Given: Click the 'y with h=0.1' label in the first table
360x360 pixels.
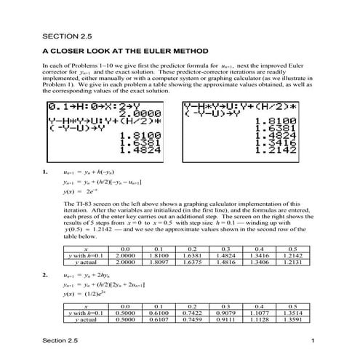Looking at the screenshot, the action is (84, 255).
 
